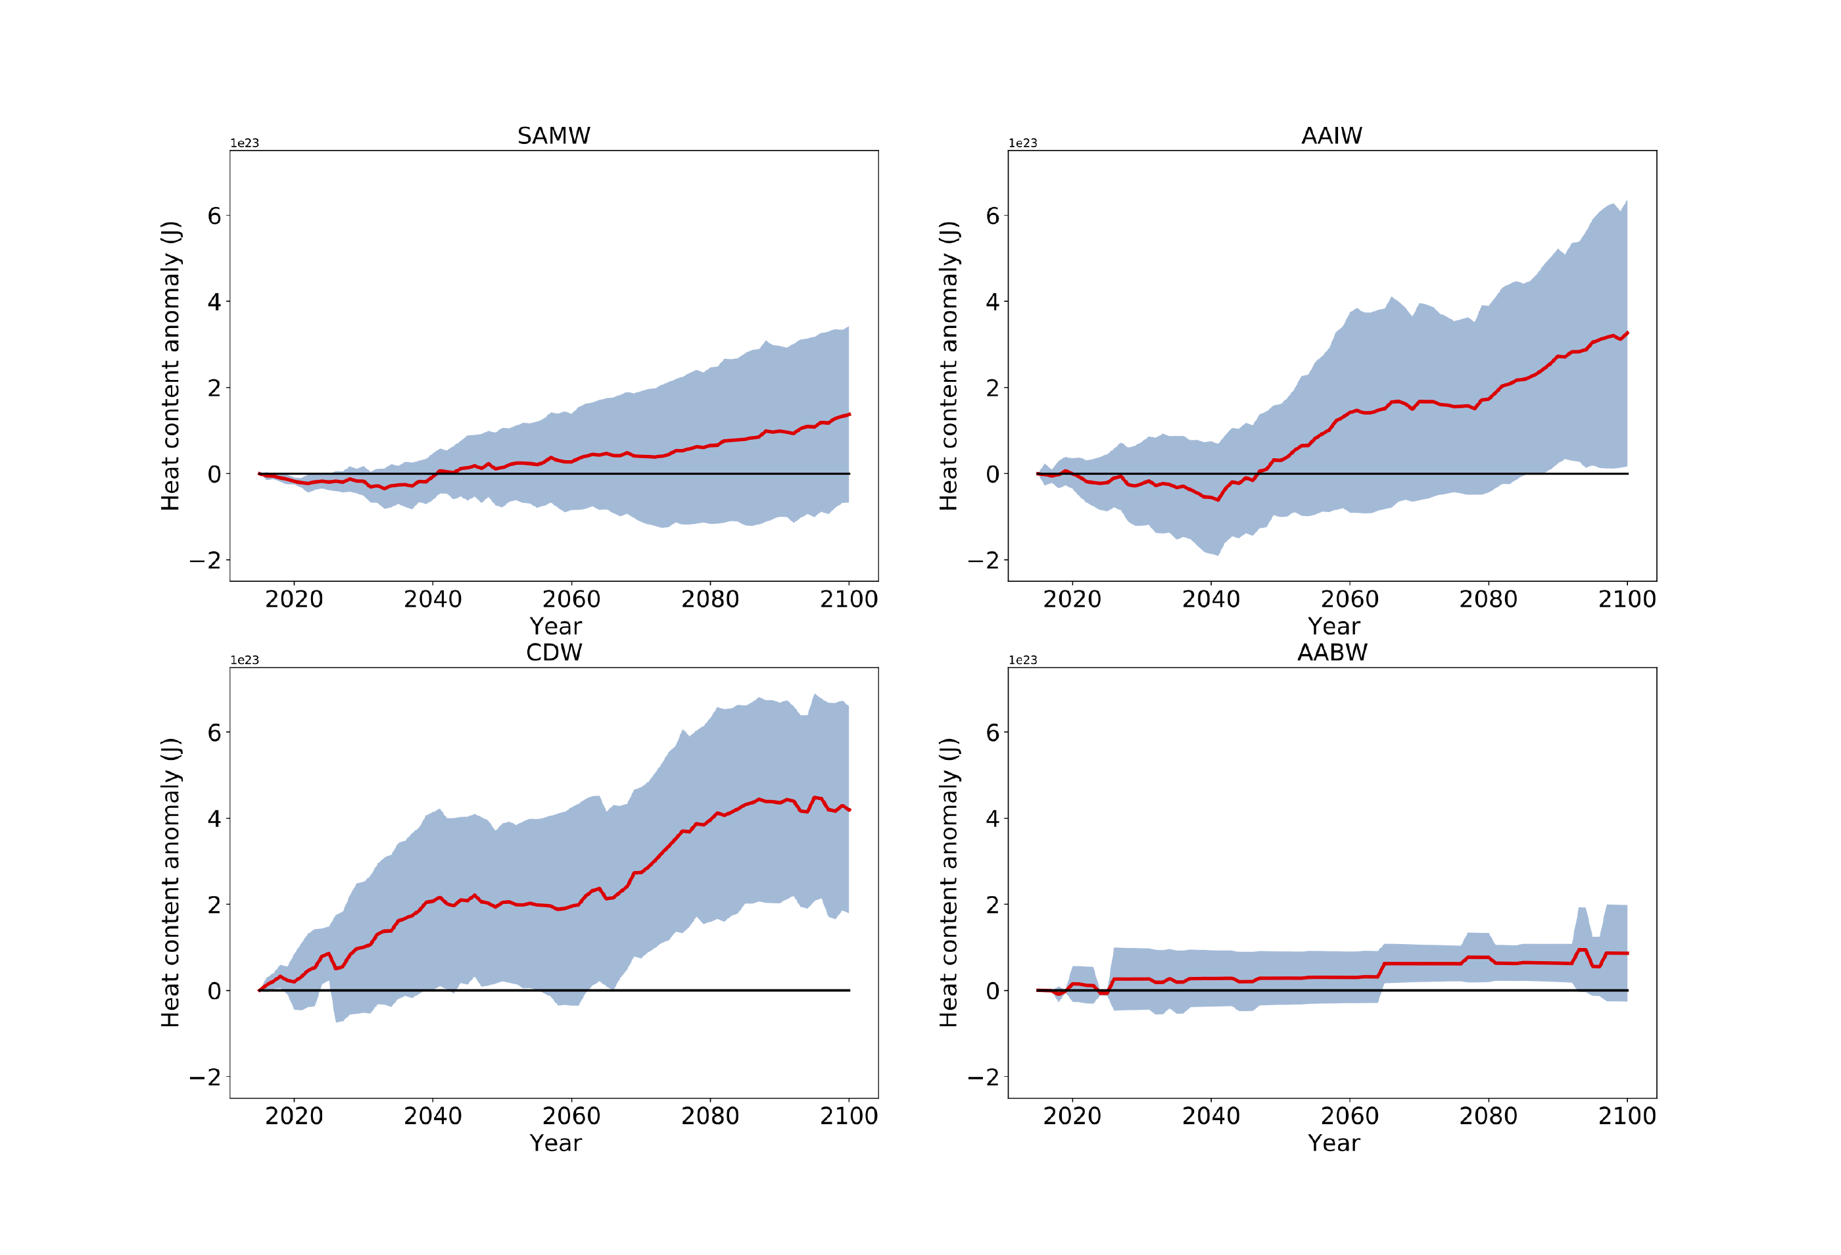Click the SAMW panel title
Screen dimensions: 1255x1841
[554, 135]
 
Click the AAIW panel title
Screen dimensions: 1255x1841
[1331, 135]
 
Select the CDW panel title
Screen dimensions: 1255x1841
[554, 652]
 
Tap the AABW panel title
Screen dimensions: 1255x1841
[1331, 652]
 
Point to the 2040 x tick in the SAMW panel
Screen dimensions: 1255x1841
[433, 599]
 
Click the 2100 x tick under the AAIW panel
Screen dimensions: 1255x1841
[1626, 599]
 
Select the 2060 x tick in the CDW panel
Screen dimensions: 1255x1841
[571, 1116]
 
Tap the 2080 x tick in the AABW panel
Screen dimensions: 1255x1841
[1488, 1116]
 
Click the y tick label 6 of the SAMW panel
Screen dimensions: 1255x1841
[214, 216]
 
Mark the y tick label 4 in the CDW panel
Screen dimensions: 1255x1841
[214, 818]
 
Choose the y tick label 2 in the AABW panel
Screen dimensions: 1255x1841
[992, 905]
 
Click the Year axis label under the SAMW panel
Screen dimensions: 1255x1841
[556, 626]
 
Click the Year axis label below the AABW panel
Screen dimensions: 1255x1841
[1333, 1143]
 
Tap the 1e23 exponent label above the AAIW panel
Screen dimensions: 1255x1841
[1022, 143]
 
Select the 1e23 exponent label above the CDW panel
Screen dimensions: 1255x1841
[244, 660]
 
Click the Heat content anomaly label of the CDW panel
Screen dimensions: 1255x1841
[170, 883]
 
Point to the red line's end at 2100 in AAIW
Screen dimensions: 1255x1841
[1626, 333]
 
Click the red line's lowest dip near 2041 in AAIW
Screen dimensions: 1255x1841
[1218, 500]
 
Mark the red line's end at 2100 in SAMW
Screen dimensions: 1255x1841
[848, 414]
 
